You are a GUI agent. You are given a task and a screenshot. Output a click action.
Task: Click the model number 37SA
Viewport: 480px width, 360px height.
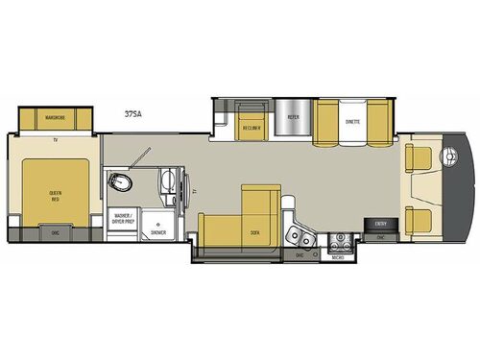tap(133, 113)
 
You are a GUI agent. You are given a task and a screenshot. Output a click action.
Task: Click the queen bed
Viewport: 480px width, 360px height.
tap(55, 192)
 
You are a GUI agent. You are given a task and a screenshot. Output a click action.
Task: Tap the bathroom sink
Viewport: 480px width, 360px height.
tap(164, 180)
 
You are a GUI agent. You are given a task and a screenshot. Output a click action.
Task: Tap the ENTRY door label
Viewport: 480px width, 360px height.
tap(379, 224)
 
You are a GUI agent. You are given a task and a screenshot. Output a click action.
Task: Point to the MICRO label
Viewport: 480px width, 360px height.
tap(337, 256)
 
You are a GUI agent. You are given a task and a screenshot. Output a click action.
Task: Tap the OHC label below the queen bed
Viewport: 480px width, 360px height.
tap(55, 231)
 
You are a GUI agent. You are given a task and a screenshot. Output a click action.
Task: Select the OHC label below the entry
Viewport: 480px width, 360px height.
tap(380, 235)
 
